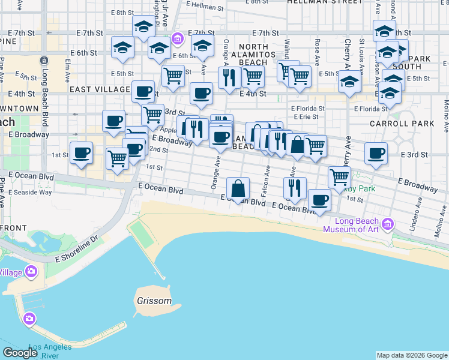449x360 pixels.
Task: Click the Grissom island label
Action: (153, 301)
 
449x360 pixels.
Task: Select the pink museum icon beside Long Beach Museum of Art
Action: (388, 225)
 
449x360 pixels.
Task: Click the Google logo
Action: (20, 352)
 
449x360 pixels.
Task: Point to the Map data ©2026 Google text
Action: (412, 355)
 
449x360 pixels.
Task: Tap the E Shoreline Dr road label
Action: (76, 250)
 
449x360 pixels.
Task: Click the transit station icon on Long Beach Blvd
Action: (43, 61)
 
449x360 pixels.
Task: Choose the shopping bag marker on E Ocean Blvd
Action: (238, 188)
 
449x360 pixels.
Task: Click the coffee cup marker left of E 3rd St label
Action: (376, 154)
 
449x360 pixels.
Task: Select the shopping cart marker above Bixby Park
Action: (339, 177)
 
